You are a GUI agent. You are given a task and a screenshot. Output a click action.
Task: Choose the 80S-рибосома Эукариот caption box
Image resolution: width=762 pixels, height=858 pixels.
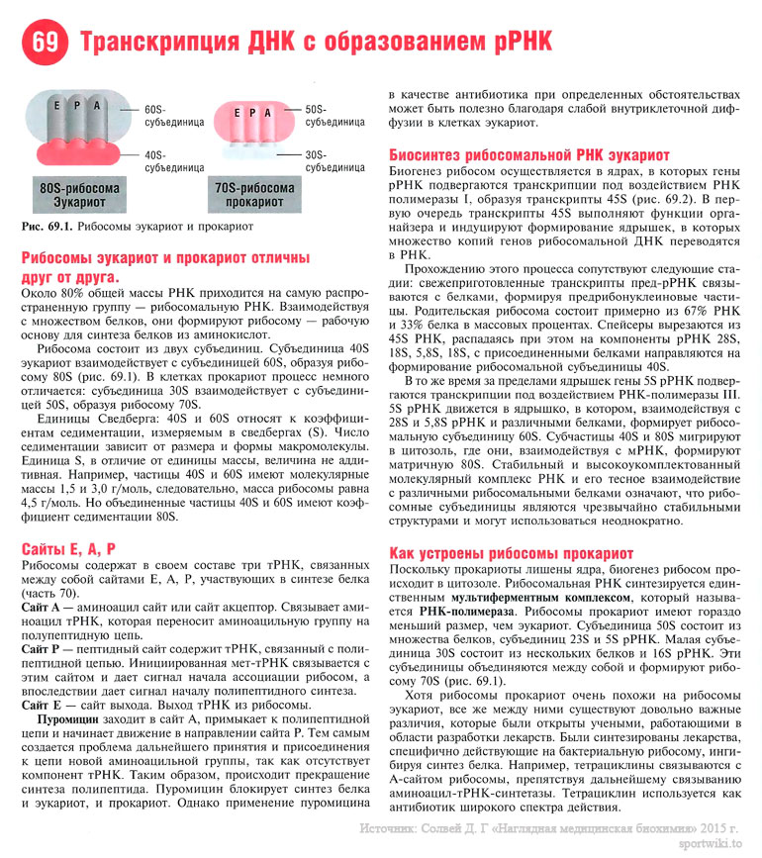[x=79, y=195]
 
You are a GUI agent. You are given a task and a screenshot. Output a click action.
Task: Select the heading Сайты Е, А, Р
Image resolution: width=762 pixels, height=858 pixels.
[x=68, y=547]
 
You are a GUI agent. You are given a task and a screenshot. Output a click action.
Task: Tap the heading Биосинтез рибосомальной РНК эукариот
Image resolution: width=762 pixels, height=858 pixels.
[x=529, y=155]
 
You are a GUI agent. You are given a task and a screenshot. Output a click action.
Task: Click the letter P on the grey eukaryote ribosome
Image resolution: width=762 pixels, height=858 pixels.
[x=98, y=106]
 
